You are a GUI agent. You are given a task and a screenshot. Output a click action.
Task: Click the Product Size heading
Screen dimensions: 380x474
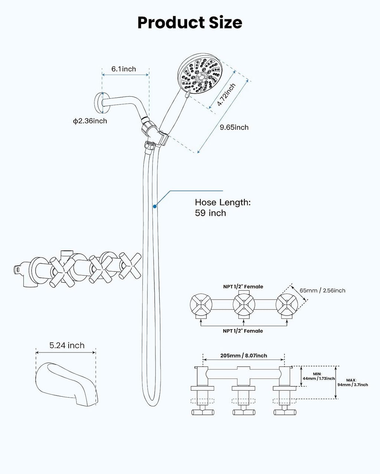190,23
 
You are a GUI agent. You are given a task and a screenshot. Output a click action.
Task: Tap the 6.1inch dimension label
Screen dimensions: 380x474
124,69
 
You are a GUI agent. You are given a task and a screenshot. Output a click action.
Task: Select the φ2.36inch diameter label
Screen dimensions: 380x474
90,121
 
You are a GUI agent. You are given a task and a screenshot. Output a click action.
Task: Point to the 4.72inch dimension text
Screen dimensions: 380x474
226,94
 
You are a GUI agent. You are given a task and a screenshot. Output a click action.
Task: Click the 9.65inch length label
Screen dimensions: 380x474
234,127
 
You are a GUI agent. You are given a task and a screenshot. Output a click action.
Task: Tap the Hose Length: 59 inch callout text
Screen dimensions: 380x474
223,207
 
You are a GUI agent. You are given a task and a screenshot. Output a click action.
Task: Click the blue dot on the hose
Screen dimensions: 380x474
155,206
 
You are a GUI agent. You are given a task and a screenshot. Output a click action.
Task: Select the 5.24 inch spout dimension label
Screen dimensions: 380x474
67,346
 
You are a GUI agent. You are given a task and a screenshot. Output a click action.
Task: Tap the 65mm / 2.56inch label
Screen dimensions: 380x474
322,290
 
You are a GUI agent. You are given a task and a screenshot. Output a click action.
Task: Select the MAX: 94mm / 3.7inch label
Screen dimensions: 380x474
353,383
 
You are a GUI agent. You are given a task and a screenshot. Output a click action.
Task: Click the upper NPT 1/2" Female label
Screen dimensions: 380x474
243,287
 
